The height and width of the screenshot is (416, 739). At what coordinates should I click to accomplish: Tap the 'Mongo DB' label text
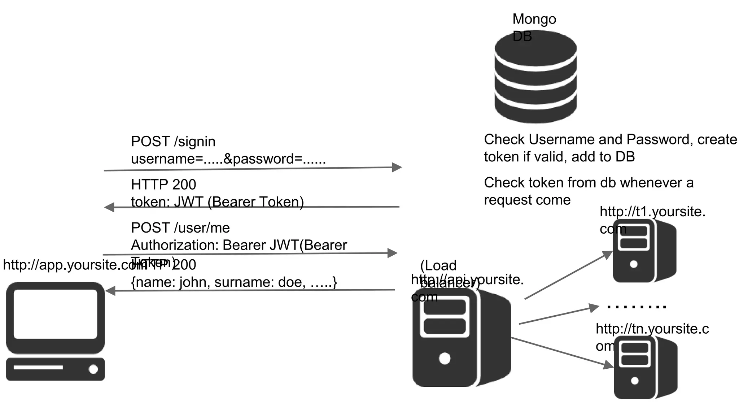(x=534, y=19)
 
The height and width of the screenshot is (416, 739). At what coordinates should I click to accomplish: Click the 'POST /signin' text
(x=173, y=142)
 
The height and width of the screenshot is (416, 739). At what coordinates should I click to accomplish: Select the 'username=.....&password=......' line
(x=228, y=159)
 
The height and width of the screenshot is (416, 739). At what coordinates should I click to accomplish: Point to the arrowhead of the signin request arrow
(x=397, y=167)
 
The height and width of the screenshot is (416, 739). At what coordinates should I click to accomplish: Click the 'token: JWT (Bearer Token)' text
(x=217, y=201)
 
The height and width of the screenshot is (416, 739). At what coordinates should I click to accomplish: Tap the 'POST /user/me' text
(x=180, y=228)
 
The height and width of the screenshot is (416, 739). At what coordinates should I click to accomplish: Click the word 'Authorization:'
(x=175, y=245)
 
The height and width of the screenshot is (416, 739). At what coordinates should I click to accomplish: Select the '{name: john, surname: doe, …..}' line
(x=233, y=282)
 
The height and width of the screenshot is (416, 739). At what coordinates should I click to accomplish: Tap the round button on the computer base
(x=93, y=369)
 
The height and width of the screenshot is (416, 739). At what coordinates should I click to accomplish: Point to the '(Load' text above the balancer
(x=438, y=265)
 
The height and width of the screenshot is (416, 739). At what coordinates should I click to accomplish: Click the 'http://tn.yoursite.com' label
(x=652, y=329)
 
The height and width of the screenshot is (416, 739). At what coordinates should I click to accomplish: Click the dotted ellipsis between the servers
(x=637, y=307)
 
